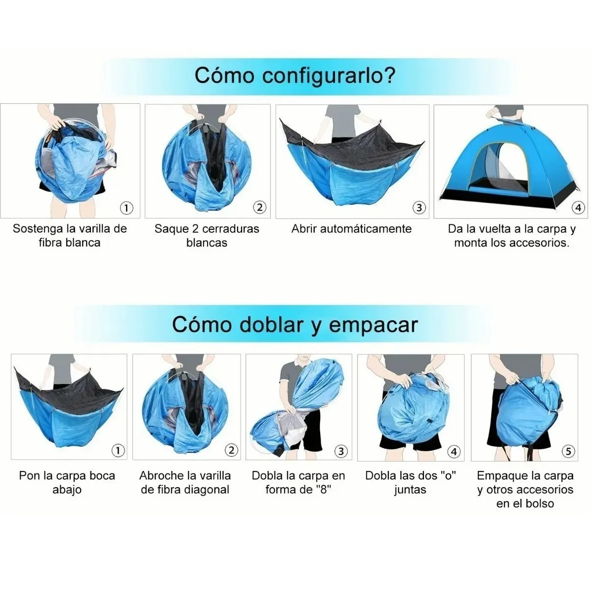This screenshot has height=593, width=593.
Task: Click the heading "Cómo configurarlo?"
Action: [295, 75]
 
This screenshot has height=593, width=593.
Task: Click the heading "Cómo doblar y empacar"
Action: [295, 325]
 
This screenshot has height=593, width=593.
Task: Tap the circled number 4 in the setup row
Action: [578, 208]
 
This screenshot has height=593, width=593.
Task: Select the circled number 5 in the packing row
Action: [568, 451]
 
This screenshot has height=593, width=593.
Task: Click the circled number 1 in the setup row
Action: [127, 208]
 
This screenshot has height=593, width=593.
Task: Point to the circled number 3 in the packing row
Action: [341, 451]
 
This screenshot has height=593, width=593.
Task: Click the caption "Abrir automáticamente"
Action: [351, 229]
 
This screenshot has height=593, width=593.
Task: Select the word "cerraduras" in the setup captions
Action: [230, 229]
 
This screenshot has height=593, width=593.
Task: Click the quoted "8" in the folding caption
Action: [322, 490]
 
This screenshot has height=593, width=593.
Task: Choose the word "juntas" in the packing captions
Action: [410, 490]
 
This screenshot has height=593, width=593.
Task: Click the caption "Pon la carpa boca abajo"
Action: [67, 482]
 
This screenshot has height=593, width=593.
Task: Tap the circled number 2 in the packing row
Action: [231, 450]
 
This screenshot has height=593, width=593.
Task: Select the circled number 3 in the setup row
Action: [419, 208]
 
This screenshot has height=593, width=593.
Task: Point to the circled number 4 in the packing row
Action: [454, 451]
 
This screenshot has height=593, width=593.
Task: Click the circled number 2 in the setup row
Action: [260, 208]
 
